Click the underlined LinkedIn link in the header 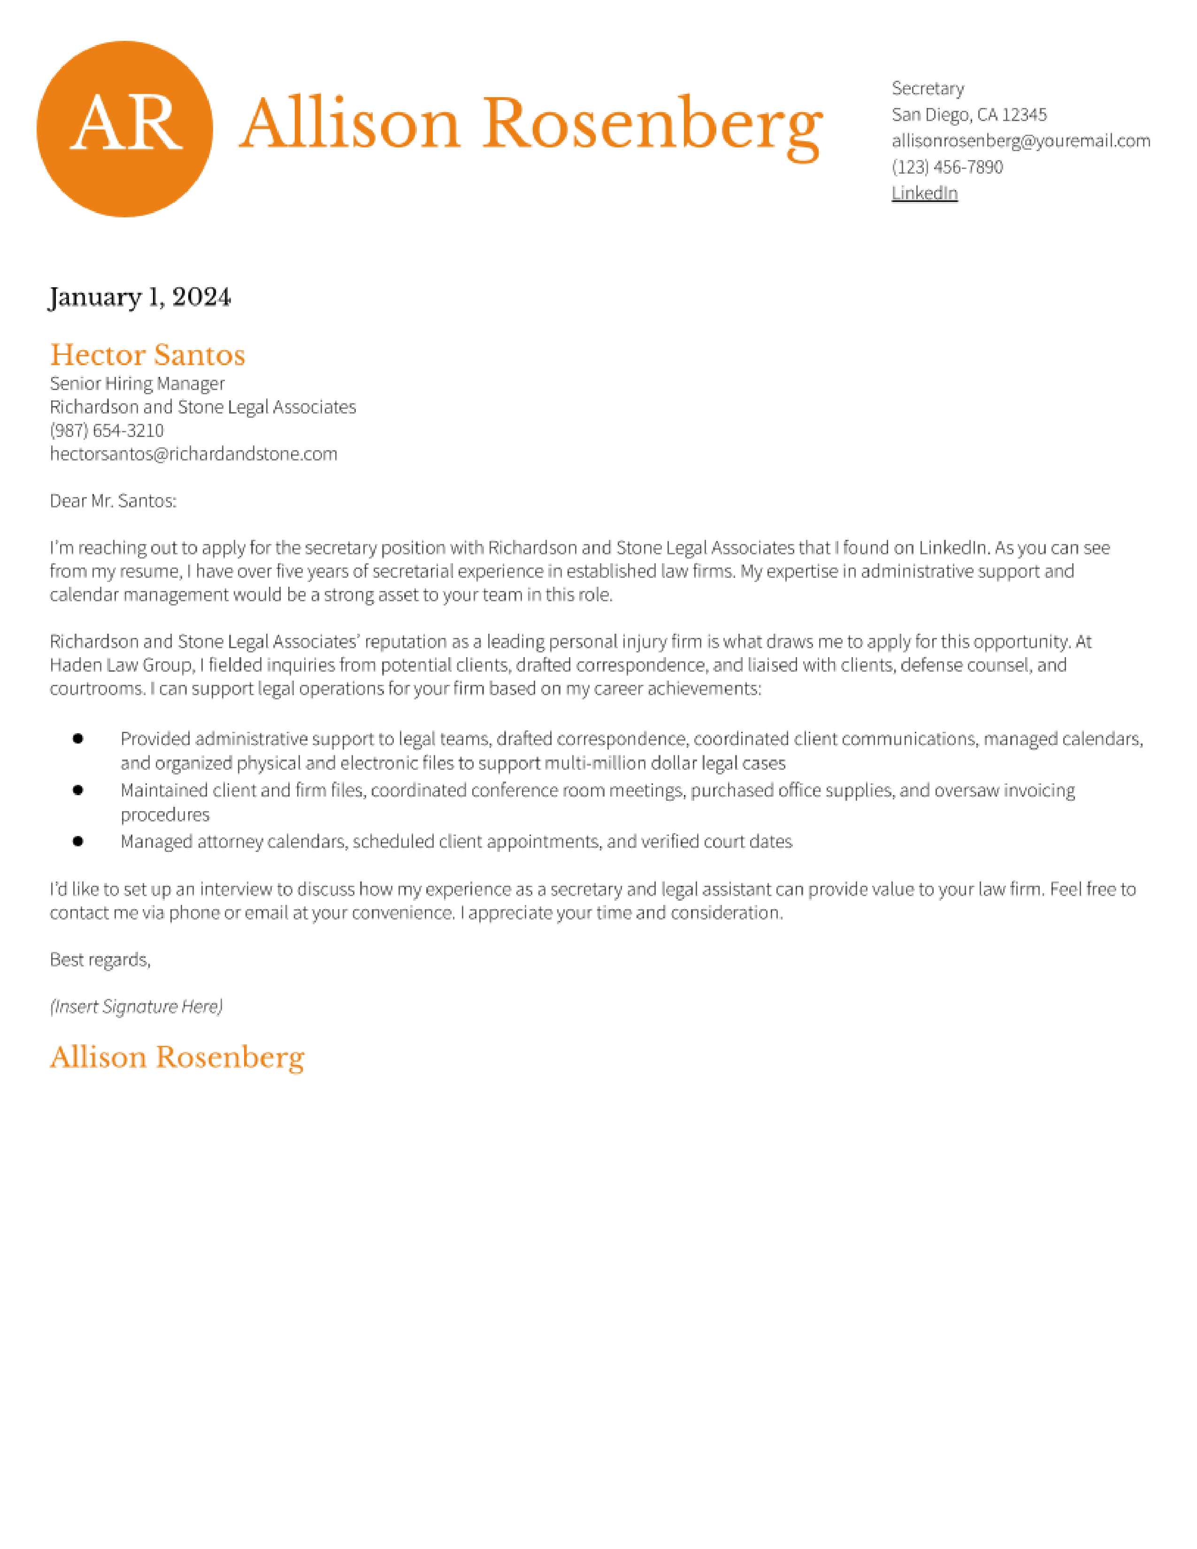(x=924, y=193)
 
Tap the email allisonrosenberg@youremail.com (x=1021, y=140)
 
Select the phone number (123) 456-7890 (x=947, y=167)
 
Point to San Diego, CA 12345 (x=969, y=114)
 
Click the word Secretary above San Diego (x=928, y=88)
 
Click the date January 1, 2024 (x=140, y=297)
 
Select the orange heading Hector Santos (x=147, y=354)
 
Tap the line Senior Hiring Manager (x=137, y=383)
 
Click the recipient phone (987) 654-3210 (x=107, y=430)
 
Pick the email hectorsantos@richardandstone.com (x=193, y=454)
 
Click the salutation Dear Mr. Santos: (x=113, y=501)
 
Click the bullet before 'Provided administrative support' (x=78, y=738)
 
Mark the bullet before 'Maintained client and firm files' (x=78, y=790)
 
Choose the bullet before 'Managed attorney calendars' (x=78, y=841)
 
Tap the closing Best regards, (x=100, y=959)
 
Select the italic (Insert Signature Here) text (x=136, y=1006)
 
